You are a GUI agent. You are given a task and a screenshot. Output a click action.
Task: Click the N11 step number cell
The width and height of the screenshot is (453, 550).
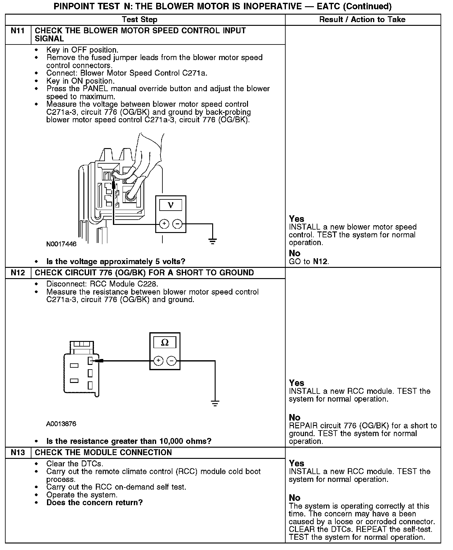coord(18,31)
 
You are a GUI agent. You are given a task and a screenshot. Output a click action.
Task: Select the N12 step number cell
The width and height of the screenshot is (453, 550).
coord(18,273)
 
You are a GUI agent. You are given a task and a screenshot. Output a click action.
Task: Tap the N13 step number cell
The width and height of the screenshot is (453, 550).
coord(18,453)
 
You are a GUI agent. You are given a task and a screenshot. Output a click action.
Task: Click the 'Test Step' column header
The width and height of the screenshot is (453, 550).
coord(140,20)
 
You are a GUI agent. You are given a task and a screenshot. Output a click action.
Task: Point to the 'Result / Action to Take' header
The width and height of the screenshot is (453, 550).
coord(362,20)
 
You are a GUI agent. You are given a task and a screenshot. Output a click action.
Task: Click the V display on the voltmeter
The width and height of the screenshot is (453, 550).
coord(170,205)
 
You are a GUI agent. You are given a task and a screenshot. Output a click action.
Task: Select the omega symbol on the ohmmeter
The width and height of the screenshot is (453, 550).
coord(165,343)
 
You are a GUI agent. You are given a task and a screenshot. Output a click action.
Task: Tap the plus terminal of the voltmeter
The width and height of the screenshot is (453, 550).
coord(164,224)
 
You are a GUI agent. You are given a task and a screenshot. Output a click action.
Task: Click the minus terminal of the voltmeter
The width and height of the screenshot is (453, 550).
coord(177,224)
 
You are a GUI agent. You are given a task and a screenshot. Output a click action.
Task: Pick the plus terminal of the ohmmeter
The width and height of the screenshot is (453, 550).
coord(158,361)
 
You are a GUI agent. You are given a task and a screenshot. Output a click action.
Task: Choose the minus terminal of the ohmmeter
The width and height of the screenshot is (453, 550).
coord(172,361)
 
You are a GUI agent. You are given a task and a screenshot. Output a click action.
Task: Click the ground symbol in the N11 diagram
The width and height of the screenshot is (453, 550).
coord(213,241)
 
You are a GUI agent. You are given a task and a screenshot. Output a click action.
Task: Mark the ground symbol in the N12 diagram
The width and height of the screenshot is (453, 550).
coord(215,404)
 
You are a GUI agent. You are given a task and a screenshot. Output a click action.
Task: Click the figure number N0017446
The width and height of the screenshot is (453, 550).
coord(61,244)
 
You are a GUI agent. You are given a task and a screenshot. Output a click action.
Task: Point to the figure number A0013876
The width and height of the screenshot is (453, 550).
coord(61,424)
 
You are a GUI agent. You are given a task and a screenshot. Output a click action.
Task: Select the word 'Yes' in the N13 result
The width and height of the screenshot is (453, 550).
coord(297,463)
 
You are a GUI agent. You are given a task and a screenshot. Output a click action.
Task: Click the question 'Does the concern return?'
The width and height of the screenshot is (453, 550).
coord(95,503)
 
